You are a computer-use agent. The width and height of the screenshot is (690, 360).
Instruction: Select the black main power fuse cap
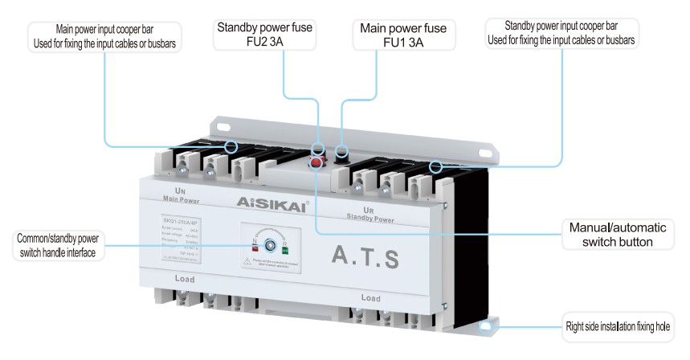pos(341,151)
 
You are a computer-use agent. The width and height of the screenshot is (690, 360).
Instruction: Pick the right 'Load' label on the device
pos(370,298)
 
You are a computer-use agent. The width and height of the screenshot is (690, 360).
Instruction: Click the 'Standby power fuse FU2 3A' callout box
pos(264,35)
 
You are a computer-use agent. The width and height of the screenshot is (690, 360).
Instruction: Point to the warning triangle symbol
pos(247,262)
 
